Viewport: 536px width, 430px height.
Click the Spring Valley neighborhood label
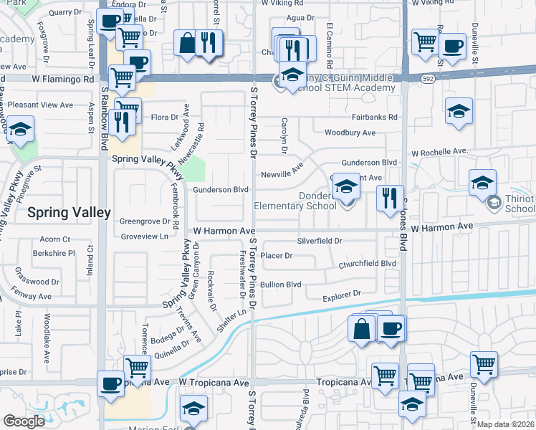[x=69, y=213]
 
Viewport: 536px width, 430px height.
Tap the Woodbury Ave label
[x=350, y=133]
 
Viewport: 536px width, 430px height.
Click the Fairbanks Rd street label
[x=374, y=117]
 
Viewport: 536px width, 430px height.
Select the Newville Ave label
[x=282, y=174]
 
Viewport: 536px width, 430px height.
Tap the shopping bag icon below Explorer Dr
[x=363, y=330]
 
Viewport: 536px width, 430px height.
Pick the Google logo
[x=24, y=421]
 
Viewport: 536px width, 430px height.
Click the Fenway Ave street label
[x=32, y=296]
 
